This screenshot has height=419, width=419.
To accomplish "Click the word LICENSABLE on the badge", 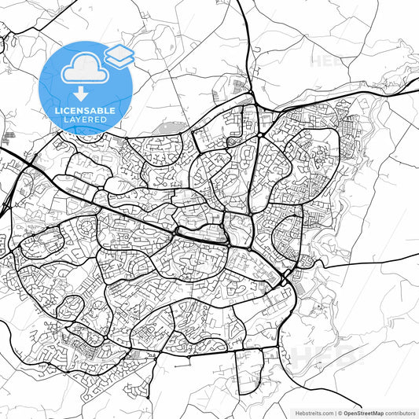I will tap(86, 111).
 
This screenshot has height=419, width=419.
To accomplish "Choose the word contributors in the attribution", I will tap(399, 413).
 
